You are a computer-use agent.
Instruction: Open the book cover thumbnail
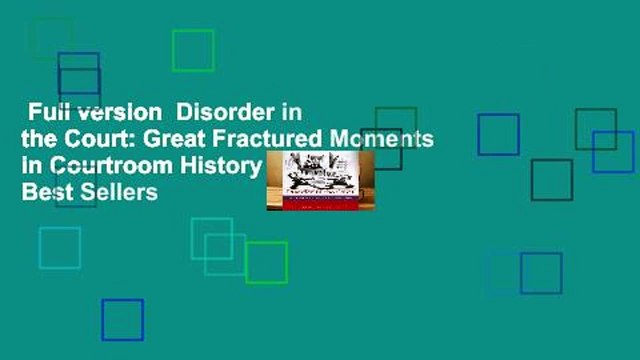319,181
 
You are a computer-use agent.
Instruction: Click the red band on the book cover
319,199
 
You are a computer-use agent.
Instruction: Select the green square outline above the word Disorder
193,50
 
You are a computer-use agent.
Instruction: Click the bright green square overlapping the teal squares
266,262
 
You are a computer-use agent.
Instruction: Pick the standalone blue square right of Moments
498,134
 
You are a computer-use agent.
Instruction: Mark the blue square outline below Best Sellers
122,320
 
